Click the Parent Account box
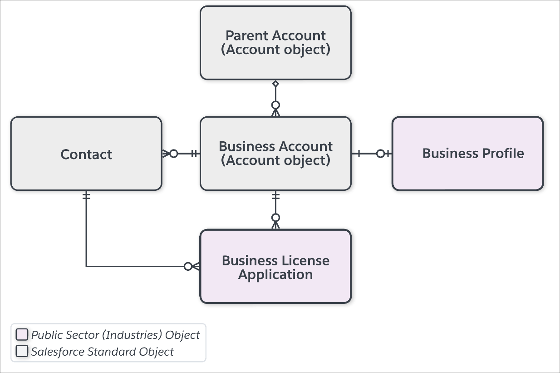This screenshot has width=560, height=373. pyautogui.click(x=275, y=43)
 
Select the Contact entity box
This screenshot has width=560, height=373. pyautogui.click(x=86, y=154)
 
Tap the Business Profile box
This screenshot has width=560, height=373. pyautogui.click(x=468, y=154)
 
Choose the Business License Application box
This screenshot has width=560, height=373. pyautogui.click(x=275, y=266)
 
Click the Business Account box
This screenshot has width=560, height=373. pyautogui.click(x=275, y=154)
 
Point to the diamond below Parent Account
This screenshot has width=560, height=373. pyautogui.click(x=275, y=84)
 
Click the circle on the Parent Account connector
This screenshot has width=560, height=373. pyautogui.click(x=275, y=105)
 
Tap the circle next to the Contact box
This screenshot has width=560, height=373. pyautogui.click(x=174, y=154)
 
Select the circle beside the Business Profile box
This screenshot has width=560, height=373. pyautogui.click(x=380, y=154)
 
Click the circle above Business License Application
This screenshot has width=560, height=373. pyautogui.click(x=275, y=218)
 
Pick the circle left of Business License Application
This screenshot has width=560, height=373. pyautogui.click(x=188, y=266)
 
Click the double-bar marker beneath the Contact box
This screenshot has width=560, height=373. pyautogui.click(x=86, y=195)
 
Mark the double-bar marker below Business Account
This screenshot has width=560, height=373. pyautogui.click(x=275, y=195)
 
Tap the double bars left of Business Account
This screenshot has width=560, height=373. pyautogui.click(x=194, y=154)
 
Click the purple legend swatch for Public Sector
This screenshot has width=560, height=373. pyautogui.click(x=22, y=334)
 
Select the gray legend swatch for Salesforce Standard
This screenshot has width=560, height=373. pyautogui.click(x=22, y=351)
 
